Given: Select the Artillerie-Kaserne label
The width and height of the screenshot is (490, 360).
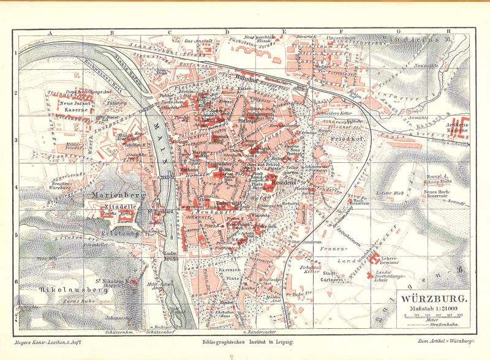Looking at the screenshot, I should coord(456,127).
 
